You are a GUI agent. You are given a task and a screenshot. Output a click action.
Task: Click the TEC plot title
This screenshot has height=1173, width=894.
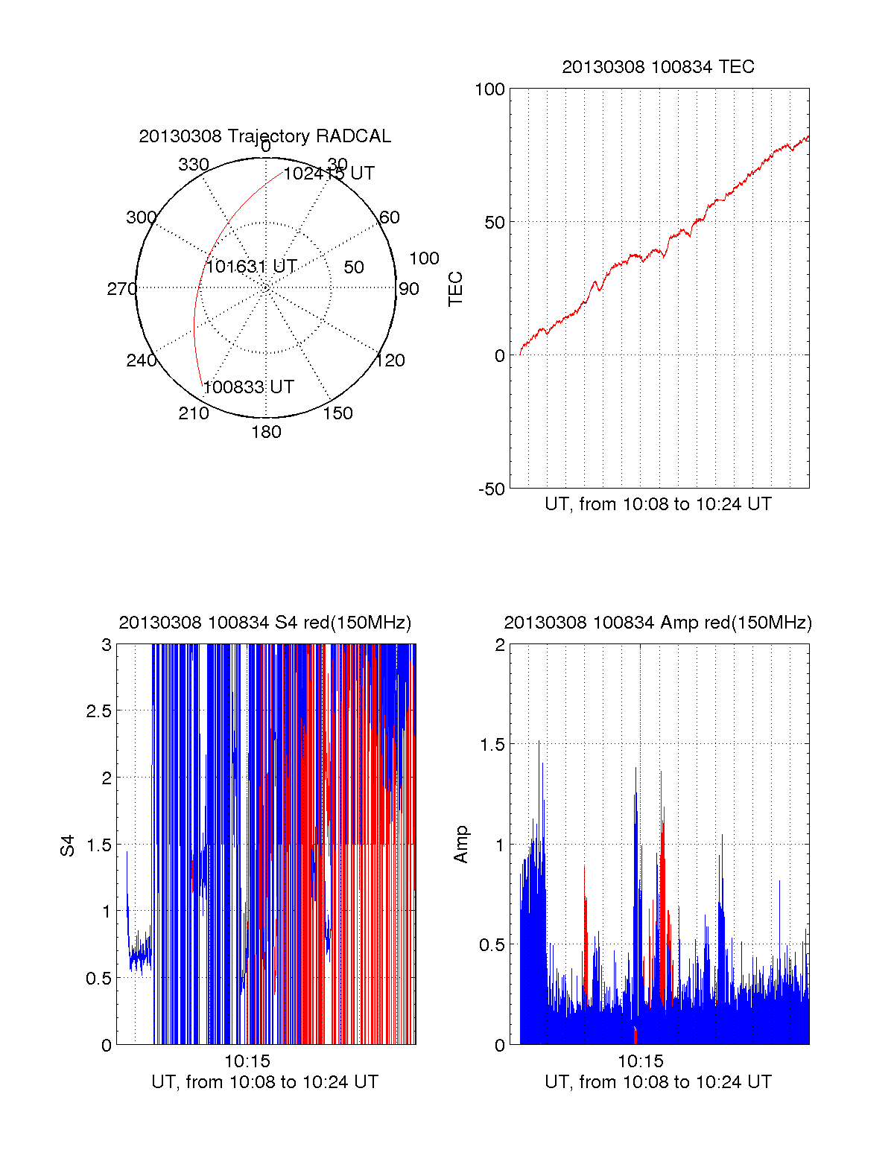tap(658, 67)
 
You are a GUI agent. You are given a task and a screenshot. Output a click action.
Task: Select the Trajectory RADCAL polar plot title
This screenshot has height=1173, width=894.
tap(264, 136)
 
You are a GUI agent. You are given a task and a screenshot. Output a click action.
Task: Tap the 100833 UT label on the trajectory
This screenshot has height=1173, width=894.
tap(248, 387)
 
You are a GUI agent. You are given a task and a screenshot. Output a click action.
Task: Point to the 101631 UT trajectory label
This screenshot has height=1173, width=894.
tap(251, 267)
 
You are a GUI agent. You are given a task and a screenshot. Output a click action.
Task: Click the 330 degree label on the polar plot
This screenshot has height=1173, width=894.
tap(193, 165)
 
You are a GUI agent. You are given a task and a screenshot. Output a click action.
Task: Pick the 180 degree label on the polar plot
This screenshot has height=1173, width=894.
tap(266, 432)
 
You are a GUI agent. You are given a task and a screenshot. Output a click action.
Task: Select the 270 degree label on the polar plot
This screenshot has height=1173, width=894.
tap(121, 289)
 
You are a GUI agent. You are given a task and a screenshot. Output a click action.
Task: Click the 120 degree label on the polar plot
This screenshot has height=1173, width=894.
tap(390, 360)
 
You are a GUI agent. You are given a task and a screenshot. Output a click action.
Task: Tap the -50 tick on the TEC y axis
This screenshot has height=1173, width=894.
tap(491, 489)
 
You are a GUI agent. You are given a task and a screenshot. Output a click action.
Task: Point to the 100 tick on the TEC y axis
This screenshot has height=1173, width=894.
tap(489, 89)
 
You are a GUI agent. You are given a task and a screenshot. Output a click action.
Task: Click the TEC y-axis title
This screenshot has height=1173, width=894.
tap(455, 289)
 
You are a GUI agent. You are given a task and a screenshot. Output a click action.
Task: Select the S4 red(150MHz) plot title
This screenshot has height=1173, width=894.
tap(264, 623)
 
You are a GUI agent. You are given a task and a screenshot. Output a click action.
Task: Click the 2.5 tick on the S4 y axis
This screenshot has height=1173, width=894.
tap(98, 711)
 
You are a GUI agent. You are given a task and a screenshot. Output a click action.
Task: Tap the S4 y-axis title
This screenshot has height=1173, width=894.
tap(68, 845)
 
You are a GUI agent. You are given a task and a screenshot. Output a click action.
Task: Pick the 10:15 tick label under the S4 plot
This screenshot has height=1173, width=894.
tap(247, 1061)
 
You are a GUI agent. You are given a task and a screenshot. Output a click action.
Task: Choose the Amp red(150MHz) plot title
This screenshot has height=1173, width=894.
tap(658, 623)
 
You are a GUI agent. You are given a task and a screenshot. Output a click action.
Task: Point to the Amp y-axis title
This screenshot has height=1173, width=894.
tap(461, 845)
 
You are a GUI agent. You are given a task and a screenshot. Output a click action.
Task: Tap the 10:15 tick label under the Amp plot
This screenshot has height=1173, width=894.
tap(641, 1061)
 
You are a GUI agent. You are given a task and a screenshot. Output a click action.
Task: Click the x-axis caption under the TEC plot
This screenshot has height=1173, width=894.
tap(658, 504)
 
